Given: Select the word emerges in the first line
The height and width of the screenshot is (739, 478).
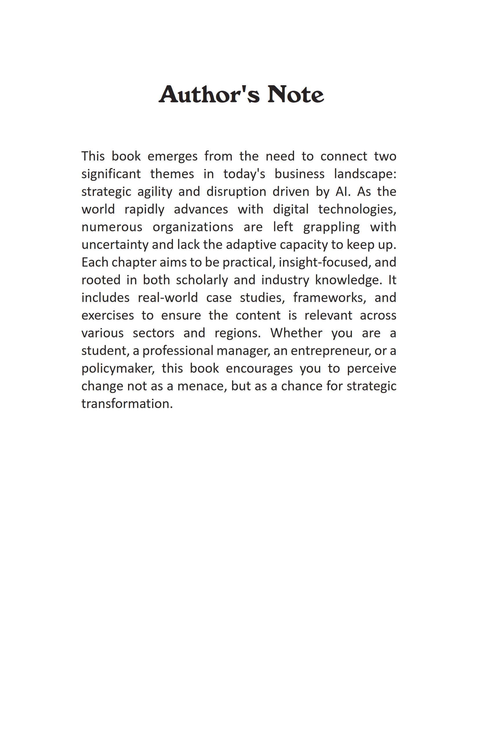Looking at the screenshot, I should [x=172, y=156].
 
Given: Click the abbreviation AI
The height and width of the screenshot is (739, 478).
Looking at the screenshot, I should [x=342, y=192].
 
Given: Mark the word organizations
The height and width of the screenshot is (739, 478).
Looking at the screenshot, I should [x=193, y=227].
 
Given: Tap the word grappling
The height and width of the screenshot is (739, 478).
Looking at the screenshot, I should [x=331, y=227].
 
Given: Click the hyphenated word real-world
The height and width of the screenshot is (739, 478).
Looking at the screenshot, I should [x=168, y=298].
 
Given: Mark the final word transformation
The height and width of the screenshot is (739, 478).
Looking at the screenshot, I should [x=127, y=404].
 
